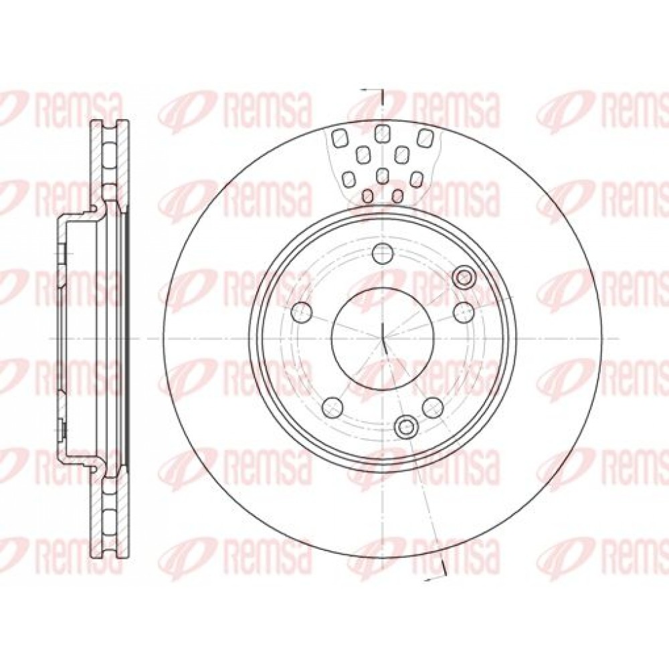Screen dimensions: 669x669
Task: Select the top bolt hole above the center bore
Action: [383, 253]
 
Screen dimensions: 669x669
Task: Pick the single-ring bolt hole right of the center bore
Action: [464, 312]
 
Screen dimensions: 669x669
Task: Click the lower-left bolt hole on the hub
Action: [333, 407]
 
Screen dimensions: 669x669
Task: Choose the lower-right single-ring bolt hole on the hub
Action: [433, 407]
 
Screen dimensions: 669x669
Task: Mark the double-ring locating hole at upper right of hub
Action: [464, 278]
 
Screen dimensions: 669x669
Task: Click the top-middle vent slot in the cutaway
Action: [382, 134]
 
